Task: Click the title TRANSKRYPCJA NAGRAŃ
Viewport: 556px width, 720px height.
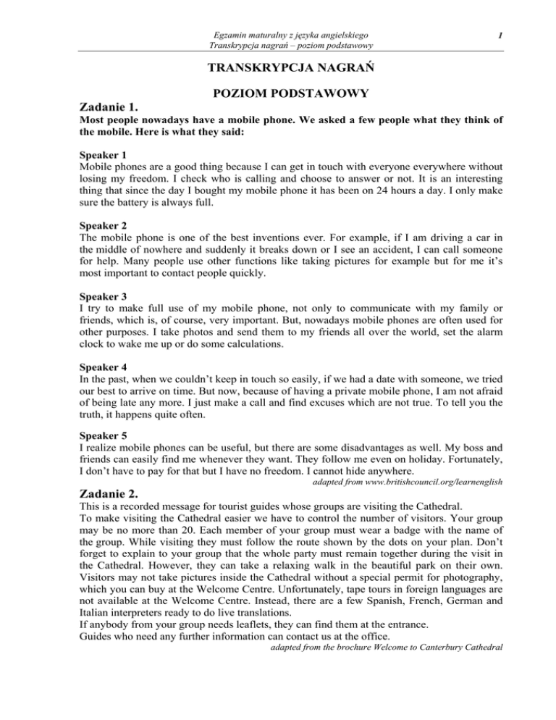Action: [278, 69]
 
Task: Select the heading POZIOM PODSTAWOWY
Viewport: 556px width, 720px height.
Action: [278, 94]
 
